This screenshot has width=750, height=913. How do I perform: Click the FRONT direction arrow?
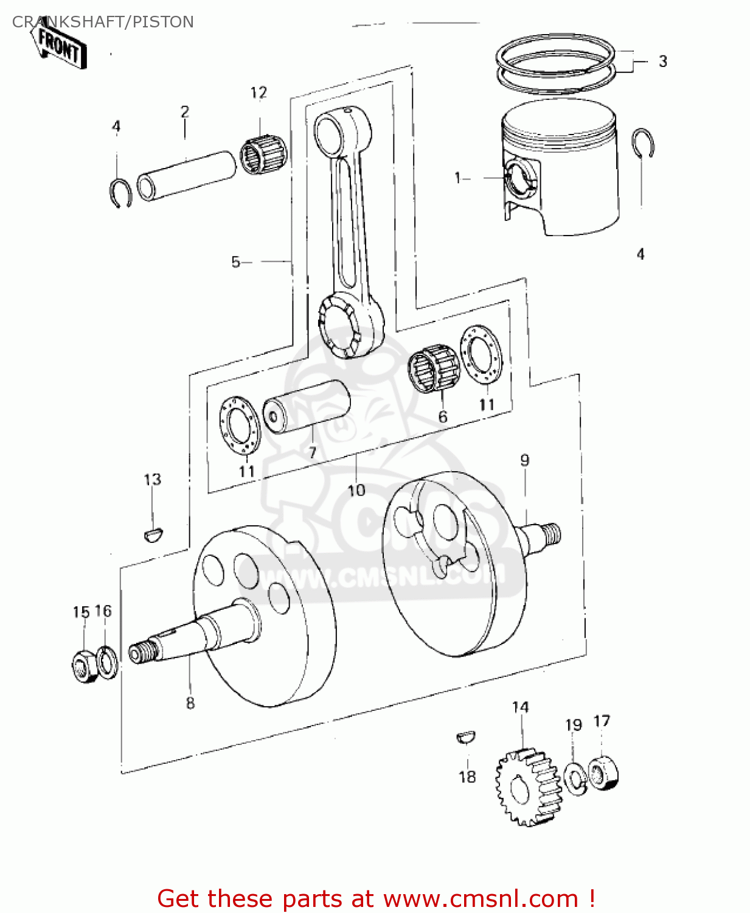59,46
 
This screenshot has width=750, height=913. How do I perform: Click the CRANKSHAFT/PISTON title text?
103,22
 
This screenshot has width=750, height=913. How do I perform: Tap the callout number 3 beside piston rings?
662,61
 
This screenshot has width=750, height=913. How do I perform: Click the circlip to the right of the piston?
643,143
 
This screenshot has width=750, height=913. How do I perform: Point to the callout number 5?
236,262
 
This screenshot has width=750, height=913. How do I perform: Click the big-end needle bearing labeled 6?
433,369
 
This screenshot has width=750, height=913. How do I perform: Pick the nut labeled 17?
603,774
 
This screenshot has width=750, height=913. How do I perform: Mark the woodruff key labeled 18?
466,737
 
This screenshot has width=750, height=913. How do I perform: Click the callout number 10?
356,490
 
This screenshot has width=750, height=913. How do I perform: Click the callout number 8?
190,703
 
